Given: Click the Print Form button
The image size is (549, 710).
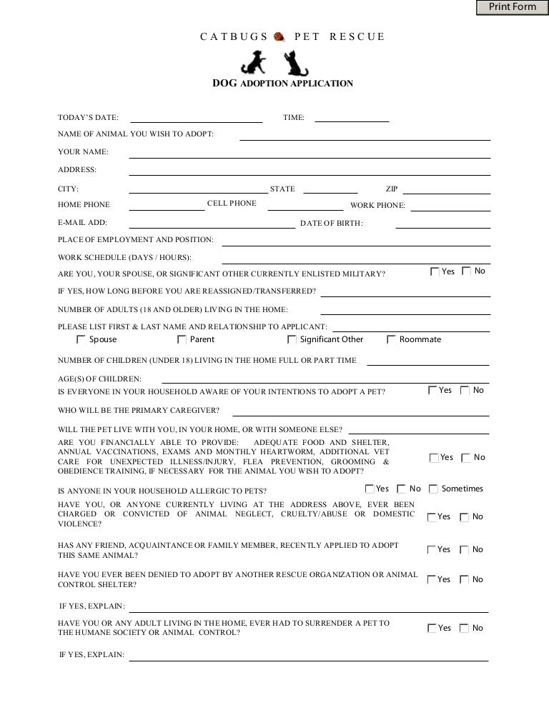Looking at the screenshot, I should point(512,7).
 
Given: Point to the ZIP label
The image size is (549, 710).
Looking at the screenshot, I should point(392,189).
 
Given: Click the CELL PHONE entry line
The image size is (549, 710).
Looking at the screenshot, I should point(305,206).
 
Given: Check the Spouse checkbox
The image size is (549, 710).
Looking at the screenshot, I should point(81,340).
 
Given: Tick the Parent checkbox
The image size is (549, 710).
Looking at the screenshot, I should point(182,340).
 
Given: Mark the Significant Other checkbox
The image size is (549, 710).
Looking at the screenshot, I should point(292,340).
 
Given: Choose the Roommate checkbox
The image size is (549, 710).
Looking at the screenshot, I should point(392,340).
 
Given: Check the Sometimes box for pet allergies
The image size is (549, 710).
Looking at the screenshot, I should point(433,489).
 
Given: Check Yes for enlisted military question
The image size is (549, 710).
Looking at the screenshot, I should point(435,271).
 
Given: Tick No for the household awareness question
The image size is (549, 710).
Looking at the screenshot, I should point(465,391).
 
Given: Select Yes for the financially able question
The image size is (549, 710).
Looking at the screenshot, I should point(434,458).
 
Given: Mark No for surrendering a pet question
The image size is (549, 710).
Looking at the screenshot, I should point(465,629).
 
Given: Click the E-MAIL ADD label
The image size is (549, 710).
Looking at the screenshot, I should point(82,223).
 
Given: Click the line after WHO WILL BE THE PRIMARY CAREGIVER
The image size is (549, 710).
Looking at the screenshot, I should point(361,411).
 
